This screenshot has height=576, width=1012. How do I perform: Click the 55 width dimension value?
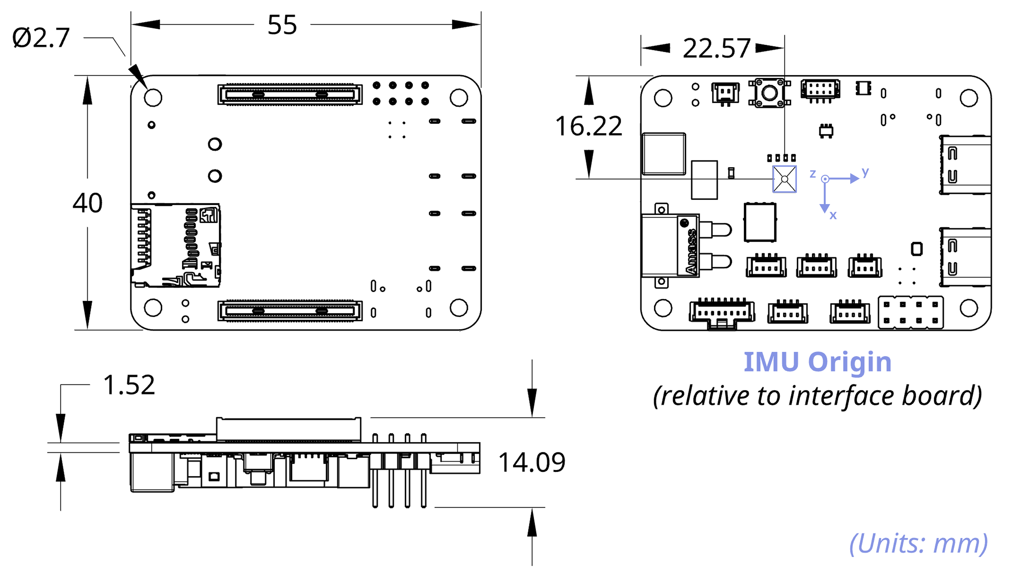282,25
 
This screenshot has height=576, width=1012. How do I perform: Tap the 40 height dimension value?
88,203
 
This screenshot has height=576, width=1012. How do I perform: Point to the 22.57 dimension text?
716,48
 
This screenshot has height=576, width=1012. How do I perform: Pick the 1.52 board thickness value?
129,385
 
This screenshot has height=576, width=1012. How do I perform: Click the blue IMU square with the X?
784,179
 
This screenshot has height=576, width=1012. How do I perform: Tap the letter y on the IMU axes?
865,171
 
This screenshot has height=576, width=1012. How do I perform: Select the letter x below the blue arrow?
833,215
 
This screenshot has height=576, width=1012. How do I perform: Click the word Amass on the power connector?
691,252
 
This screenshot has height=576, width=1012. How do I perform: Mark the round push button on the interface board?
769,93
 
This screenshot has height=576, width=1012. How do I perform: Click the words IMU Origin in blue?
817,362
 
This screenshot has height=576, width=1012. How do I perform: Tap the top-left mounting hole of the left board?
153,97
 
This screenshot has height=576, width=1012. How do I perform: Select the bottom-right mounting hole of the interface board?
968,308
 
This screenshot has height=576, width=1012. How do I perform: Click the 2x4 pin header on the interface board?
910,312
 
